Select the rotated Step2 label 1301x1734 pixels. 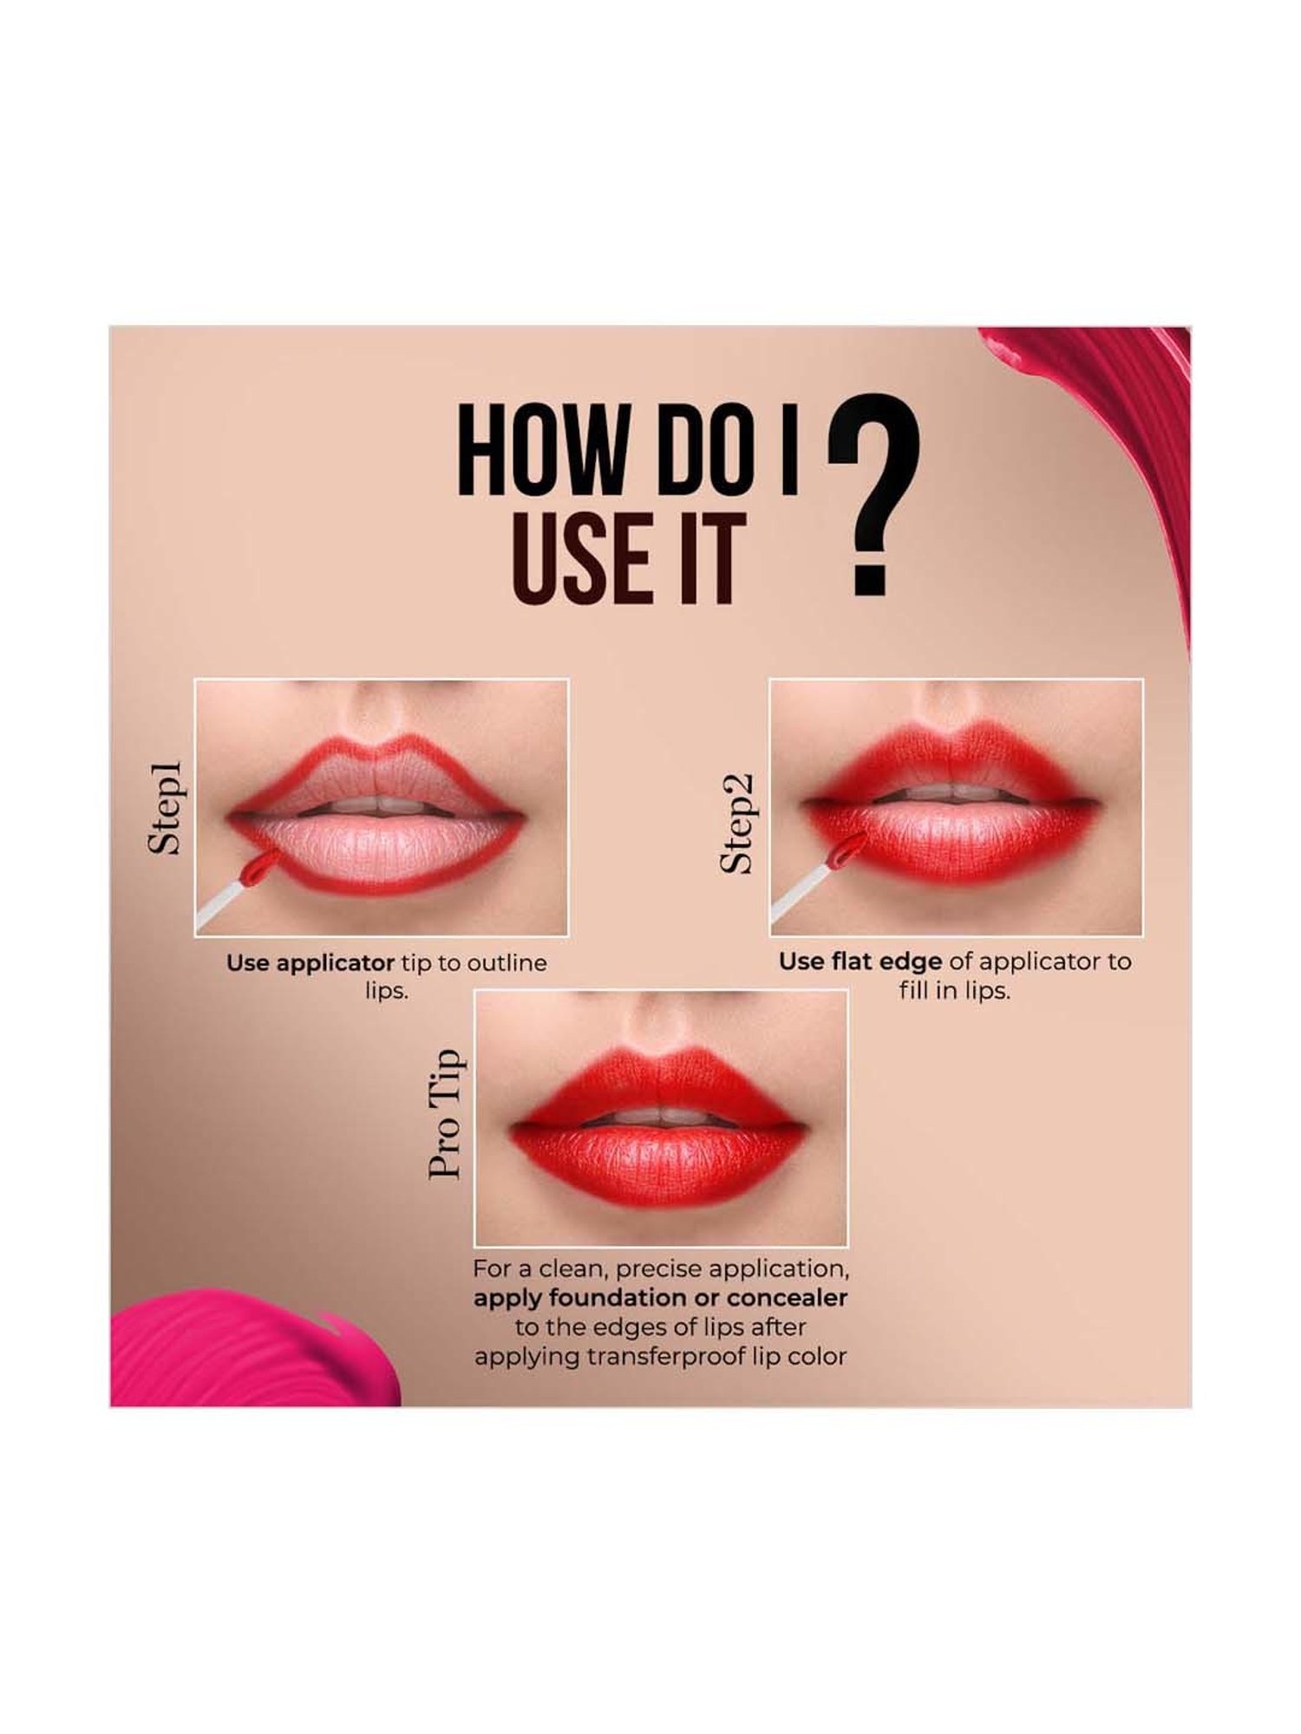point(739,822)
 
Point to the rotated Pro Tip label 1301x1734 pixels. point(446,1113)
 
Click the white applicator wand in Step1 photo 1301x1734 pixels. point(219,906)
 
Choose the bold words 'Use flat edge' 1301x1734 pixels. point(859,962)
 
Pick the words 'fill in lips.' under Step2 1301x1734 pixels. point(955,990)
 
